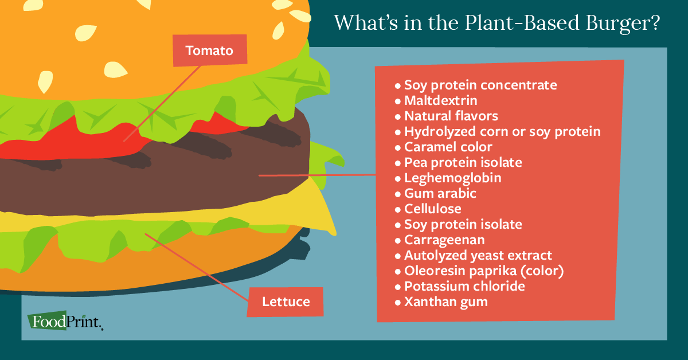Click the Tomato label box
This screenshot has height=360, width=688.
pos(210,51)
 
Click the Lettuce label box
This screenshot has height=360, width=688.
pos(285,302)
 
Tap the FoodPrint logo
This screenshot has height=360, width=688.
pos(65,321)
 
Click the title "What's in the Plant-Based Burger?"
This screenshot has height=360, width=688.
pos(497,23)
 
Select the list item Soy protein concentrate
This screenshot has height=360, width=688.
pos(480,85)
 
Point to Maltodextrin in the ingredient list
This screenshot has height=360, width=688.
pos(440,101)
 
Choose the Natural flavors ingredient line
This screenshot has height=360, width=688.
pos(451,116)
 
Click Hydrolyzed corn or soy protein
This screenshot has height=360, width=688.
pos(502,132)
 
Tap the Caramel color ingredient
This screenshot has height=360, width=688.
pos(448,147)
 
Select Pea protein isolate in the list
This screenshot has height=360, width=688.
pos(463,163)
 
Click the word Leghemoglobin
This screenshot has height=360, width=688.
pos(452,178)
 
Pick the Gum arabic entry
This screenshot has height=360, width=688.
pos(440,194)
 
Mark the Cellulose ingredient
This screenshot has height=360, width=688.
pos(432,209)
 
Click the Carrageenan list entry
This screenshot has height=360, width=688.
pos(444,240)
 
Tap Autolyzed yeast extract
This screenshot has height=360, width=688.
pos(478,256)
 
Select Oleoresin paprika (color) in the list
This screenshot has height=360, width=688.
pos(484,271)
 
